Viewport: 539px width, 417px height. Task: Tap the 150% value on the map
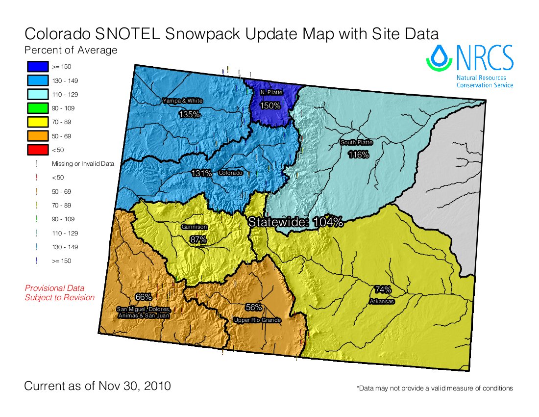coord(270,105)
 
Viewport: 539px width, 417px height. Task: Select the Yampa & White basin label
coord(182,101)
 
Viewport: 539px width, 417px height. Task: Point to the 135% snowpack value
coord(189,114)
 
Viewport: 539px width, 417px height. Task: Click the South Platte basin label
coord(357,143)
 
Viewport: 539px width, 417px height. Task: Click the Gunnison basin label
coord(195,228)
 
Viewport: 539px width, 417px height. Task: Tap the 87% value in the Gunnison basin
coord(198,239)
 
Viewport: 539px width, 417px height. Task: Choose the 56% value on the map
coord(253,308)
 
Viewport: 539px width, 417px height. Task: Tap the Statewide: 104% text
coord(295,222)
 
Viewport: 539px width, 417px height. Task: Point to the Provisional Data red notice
coord(59,293)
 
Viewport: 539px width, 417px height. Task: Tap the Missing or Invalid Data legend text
coord(83,164)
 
